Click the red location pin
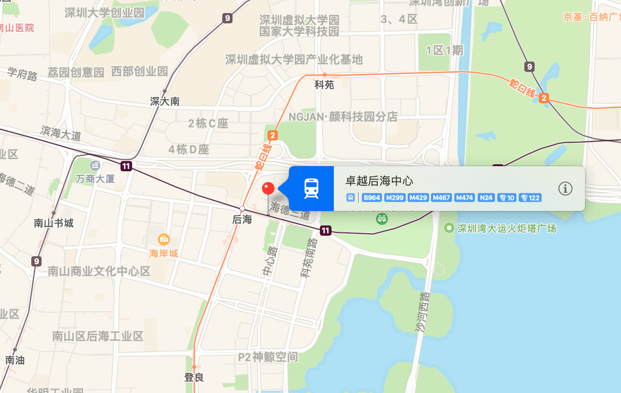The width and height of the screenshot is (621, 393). pos(268,189)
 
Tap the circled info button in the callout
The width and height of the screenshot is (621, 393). pos(565,189)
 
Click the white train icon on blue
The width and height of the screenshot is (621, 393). pos(311,189)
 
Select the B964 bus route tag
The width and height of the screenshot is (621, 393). pos(372,198)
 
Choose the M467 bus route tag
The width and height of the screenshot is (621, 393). pos(441,198)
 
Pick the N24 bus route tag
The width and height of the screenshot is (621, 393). pos(486,198)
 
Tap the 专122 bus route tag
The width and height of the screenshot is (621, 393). pos(530,198)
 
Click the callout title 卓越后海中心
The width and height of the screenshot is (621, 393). pos(379,181)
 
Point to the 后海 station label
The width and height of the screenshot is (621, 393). pos(242,219)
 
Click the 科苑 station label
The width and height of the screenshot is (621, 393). pos(324,85)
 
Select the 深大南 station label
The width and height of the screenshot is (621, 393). pos(165,101)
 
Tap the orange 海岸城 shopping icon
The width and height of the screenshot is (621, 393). pos(164,239)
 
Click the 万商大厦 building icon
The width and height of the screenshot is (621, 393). pos(95,165)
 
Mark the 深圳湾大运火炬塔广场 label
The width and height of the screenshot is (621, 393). pos(507,229)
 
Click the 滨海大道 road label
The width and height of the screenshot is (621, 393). pos(61,133)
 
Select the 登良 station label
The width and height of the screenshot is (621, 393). pos(194,377)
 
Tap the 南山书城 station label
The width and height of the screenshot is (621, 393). pos(54,223)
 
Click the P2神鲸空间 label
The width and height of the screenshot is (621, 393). pos(268,358)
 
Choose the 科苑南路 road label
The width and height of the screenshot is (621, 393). pos(307,258)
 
